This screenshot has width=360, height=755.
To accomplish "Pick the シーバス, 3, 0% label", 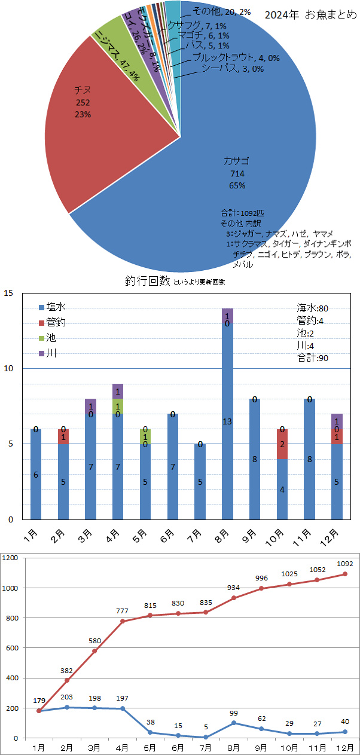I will [232, 69].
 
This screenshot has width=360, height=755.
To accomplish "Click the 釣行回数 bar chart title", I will [147, 280].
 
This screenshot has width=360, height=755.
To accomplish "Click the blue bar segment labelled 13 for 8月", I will [227, 422].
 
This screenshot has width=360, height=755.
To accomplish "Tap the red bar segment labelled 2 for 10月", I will [282, 444].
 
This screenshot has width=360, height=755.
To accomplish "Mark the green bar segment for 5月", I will [145, 436].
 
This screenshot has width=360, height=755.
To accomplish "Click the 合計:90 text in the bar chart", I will [313, 358].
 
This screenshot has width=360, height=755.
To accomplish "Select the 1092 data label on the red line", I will [345, 563].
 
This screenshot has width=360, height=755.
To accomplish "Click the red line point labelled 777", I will [123, 621].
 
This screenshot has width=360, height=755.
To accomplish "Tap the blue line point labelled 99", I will [234, 723].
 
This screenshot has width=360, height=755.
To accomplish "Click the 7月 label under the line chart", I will [206, 747].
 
